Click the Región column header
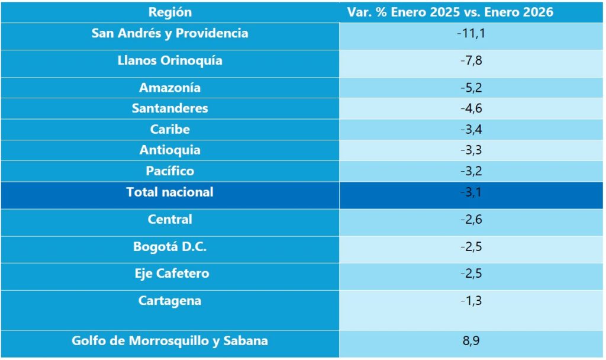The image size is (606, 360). pyautogui.click(x=170, y=12)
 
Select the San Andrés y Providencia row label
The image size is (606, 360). pyautogui.click(x=170, y=33)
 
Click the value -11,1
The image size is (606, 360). pyautogui.click(x=471, y=33)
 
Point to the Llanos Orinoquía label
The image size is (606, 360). pyautogui.click(x=170, y=60)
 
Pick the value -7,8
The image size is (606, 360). pyautogui.click(x=471, y=60)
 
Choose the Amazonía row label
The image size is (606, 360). pyautogui.click(x=170, y=88)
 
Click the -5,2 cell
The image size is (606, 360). pyautogui.click(x=471, y=88)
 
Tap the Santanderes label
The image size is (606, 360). pyautogui.click(x=170, y=108)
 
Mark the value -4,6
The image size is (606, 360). pyautogui.click(x=471, y=108)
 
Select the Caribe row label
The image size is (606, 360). pyautogui.click(x=170, y=129)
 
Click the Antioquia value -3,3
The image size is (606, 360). pyautogui.click(x=471, y=150)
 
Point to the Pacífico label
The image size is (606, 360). pyautogui.click(x=170, y=171)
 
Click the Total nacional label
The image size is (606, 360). pyautogui.click(x=170, y=192)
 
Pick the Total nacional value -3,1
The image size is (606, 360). pyautogui.click(x=471, y=192)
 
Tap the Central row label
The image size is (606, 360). pyautogui.click(x=170, y=219)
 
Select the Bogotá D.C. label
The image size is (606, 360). pyautogui.click(x=170, y=247)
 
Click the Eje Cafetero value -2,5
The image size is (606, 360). pyautogui.click(x=471, y=274)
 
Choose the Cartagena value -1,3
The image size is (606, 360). pyautogui.click(x=471, y=301)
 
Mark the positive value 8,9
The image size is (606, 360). pyautogui.click(x=471, y=341)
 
